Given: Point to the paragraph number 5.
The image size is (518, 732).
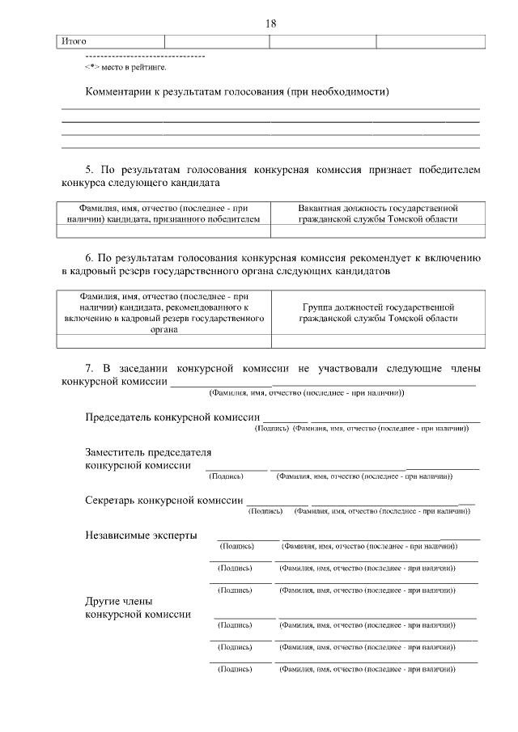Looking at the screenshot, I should [x=90, y=170].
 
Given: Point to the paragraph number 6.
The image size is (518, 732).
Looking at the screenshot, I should [x=90, y=258].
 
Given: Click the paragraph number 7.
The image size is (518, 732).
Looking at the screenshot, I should [x=90, y=368].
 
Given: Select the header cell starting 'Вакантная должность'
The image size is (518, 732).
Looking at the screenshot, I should [x=378, y=213].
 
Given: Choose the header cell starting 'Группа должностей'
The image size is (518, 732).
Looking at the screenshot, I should [x=378, y=313].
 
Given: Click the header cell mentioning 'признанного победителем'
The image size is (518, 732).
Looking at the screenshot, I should [x=163, y=213].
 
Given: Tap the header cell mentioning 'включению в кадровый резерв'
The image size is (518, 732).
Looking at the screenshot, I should [x=163, y=313].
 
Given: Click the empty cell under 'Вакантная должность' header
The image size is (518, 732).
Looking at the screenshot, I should [x=378, y=231].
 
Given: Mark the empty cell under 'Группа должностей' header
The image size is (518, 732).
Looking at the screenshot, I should [x=378, y=341].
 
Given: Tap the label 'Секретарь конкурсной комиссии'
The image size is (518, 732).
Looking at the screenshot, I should [x=163, y=501].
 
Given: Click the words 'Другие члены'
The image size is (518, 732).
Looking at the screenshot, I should [x=118, y=601].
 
